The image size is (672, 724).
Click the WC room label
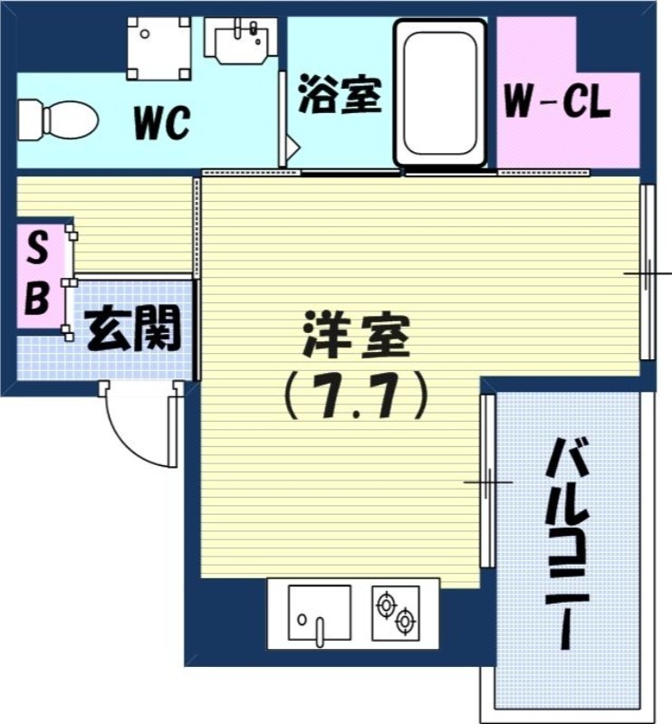pyautogui.click(x=162, y=123)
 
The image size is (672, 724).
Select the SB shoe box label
pyautogui.click(x=36, y=273)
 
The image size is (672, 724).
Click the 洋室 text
pyautogui.click(x=356, y=338)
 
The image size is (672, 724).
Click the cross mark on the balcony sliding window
pyautogui.click(x=487, y=481)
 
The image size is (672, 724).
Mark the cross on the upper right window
pyautogui.click(x=648, y=272)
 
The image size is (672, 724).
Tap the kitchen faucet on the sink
pyautogui.click(x=319, y=629)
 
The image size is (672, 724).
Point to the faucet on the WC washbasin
pyautogui.click(x=251, y=31)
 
